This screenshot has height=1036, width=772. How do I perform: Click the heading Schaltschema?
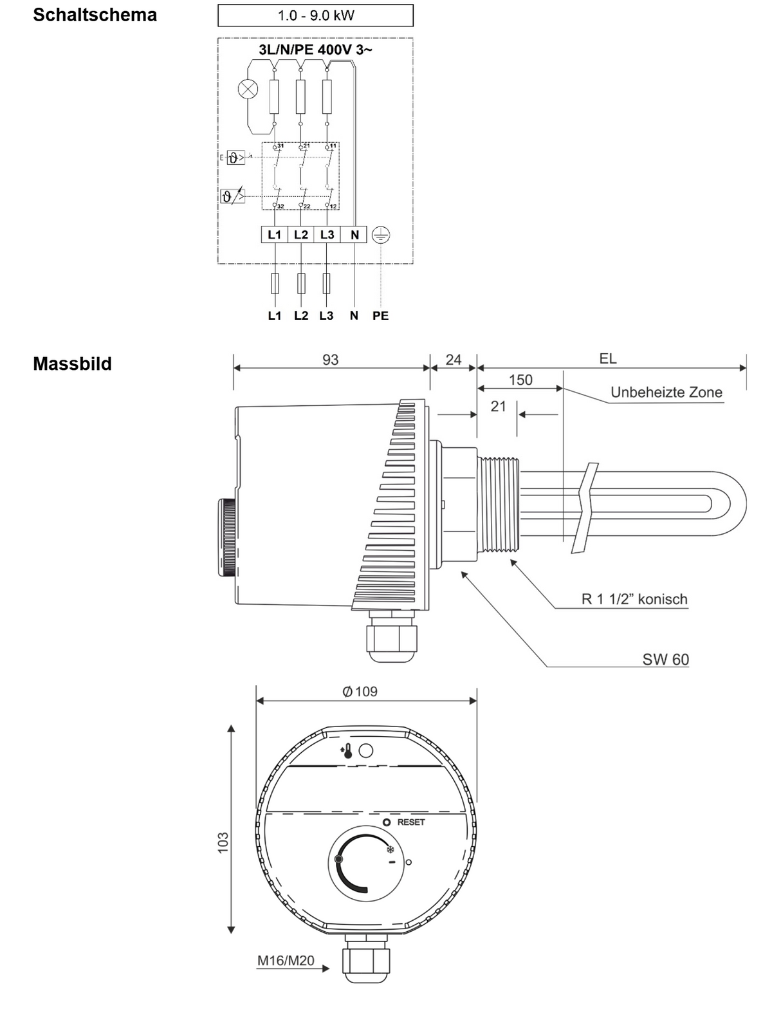[95, 15]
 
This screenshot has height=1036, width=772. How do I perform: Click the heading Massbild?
[72, 364]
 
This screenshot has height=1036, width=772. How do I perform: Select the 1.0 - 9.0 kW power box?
[315, 15]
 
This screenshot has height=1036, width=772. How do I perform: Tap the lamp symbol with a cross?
[248, 89]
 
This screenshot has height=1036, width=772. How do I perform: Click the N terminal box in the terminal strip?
[354, 235]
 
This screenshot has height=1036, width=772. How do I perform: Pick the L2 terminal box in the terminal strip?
[300, 235]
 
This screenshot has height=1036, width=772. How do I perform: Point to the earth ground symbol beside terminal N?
[381, 235]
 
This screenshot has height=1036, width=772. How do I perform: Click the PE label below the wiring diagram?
[380, 316]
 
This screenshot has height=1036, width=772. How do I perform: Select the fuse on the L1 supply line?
[275, 284]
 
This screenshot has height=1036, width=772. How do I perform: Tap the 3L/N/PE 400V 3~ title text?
[315, 50]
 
